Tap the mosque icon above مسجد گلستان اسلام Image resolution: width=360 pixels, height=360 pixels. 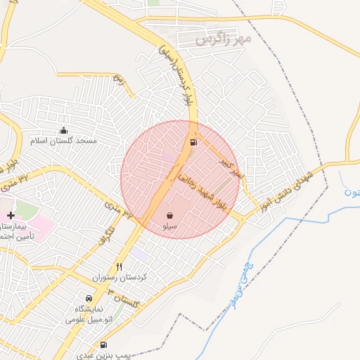(x=64, y=130)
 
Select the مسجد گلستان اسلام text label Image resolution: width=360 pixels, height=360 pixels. (x=64, y=141)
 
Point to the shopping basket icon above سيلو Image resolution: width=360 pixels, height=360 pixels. (x=170, y=215)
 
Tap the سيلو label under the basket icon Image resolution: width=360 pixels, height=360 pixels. (x=170, y=227)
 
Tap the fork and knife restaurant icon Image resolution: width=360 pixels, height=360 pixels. (x=119, y=266)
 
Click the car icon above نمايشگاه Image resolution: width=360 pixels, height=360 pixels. (x=89, y=298)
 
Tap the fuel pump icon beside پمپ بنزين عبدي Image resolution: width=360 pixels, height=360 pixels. (x=104, y=345)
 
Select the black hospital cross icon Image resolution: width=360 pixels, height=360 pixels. (x=11, y=213)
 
